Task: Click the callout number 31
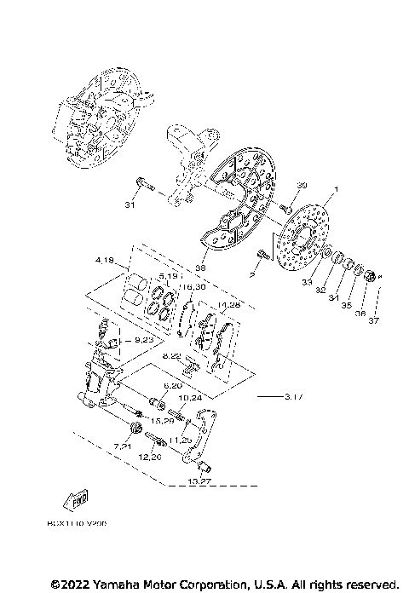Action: click(x=130, y=204)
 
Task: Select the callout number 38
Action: click(x=201, y=267)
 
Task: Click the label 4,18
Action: click(x=107, y=258)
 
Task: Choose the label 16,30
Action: click(x=194, y=287)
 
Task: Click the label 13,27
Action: click(x=200, y=482)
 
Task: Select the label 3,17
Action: click(x=294, y=397)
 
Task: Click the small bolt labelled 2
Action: click(x=262, y=252)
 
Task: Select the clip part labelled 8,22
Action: click(x=191, y=367)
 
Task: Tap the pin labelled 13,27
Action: click(x=204, y=466)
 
